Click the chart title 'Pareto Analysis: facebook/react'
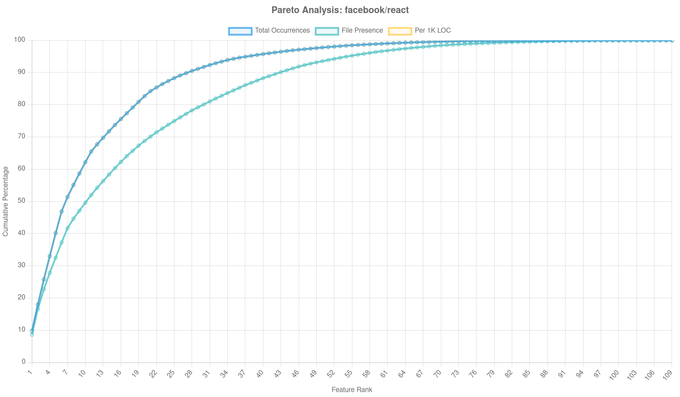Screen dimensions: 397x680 [340, 10]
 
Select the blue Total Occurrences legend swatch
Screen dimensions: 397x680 [240, 31]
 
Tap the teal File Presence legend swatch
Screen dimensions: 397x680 [326, 31]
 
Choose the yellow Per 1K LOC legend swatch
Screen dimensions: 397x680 [399, 31]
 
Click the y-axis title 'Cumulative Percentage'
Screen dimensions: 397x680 [6, 201]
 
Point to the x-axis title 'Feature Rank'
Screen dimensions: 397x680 [352, 390]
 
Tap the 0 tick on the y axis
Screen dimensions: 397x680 [24, 362]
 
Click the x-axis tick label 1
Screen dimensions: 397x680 [31, 372]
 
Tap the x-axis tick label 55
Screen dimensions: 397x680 [349, 373]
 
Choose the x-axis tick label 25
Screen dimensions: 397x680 [171, 373]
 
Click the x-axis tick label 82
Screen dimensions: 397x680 [509, 373]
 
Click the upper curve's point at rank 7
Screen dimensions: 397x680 [67, 197]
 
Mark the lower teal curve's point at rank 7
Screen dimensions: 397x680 [67, 228]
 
